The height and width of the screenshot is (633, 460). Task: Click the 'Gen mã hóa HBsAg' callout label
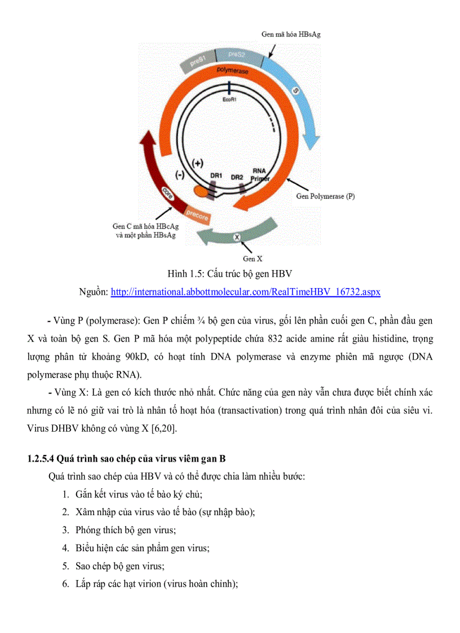(291, 34)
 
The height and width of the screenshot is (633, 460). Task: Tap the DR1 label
(215, 176)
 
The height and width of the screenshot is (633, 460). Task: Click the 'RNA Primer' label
(260, 174)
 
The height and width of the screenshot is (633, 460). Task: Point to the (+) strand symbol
(197, 163)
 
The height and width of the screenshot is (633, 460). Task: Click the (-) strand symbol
(180, 175)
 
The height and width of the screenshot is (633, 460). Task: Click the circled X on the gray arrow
(237, 237)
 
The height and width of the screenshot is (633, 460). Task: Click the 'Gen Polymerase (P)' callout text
(325, 197)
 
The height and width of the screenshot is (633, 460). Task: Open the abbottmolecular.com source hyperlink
(245, 292)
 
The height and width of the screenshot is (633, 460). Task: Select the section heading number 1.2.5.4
(42, 459)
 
